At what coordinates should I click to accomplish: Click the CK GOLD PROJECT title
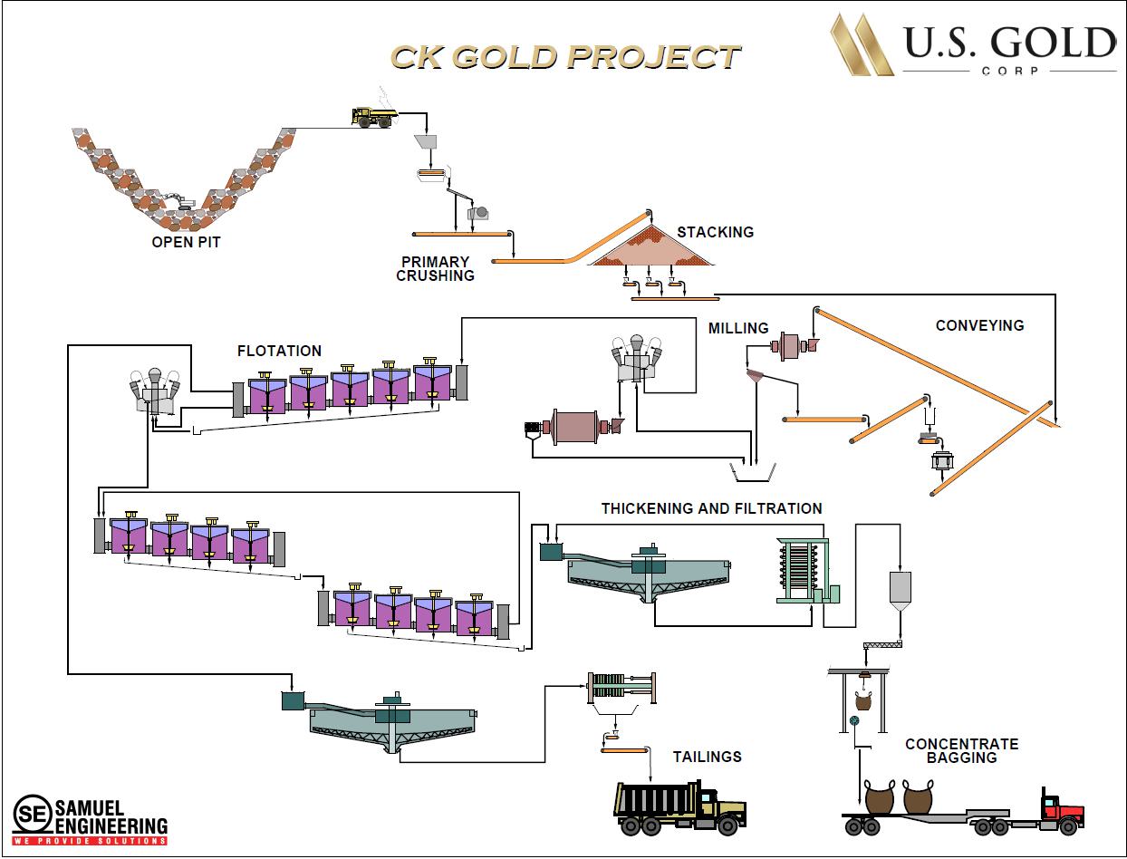tap(564, 56)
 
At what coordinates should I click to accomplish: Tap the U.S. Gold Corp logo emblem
tap(862, 44)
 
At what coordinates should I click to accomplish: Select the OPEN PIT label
tap(186, 242)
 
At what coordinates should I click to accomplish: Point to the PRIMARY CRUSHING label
tap(436, 268)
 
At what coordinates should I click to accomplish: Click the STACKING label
tap(715, 232)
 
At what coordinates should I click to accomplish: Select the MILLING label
tap(738, 328)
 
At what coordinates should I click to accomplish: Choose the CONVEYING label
tap(979, 325)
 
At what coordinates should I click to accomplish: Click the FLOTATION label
tap(279, 351)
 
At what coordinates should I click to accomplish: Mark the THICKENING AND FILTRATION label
tap(711, 508)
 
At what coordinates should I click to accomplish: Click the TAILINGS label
tap(707, 757)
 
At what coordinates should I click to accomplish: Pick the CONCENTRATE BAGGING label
tap(961, 750)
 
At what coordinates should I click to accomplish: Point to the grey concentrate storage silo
tap(900, 590)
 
